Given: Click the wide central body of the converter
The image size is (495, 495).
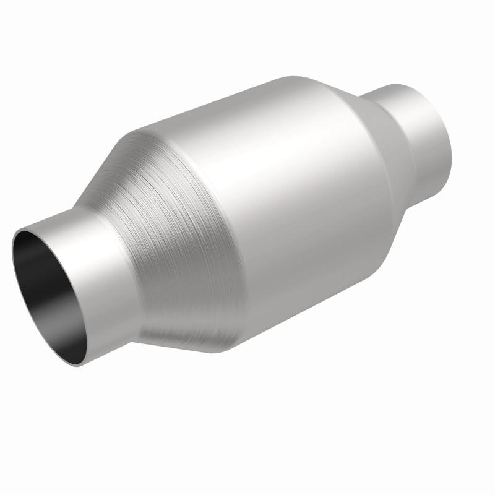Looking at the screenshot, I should coord(291,198).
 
